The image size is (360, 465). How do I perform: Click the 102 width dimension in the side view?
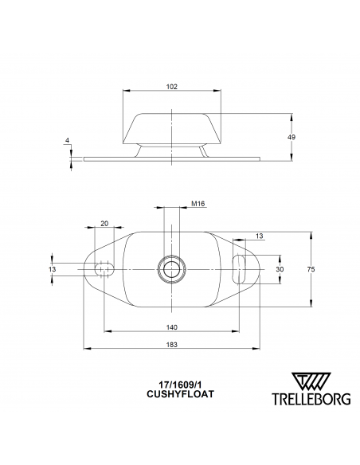pyautogui.click(x=172, y=86)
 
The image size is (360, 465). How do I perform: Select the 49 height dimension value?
pyautogui.click(x=292, y=138)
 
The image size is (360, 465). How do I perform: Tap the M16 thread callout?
pyautogui.click(x=198, y=205)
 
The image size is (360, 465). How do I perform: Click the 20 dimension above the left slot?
pyautogui.click(x=104, y=223)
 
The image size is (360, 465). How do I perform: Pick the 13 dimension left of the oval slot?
pyautogui.click(x=53, y=269)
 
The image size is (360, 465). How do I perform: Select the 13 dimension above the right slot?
pyautogui.click(x=260, y=235)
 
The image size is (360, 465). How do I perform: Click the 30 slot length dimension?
pyautogui.click(x=280, y=269)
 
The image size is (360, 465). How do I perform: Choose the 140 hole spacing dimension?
pyautogui.click(x=172, y=327)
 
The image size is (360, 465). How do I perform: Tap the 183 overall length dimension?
pyautogui.click(x=172, y=345)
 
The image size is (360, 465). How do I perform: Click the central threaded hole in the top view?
pyautogui.click(x=171, y=269)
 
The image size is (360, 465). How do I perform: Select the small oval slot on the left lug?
pyautogui.click(x=103, y=270)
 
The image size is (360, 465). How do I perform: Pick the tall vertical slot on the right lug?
pyautogui.click(x=237, y=269)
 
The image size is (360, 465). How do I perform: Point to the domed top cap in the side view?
pyautogui.click(x=172, y=126)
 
